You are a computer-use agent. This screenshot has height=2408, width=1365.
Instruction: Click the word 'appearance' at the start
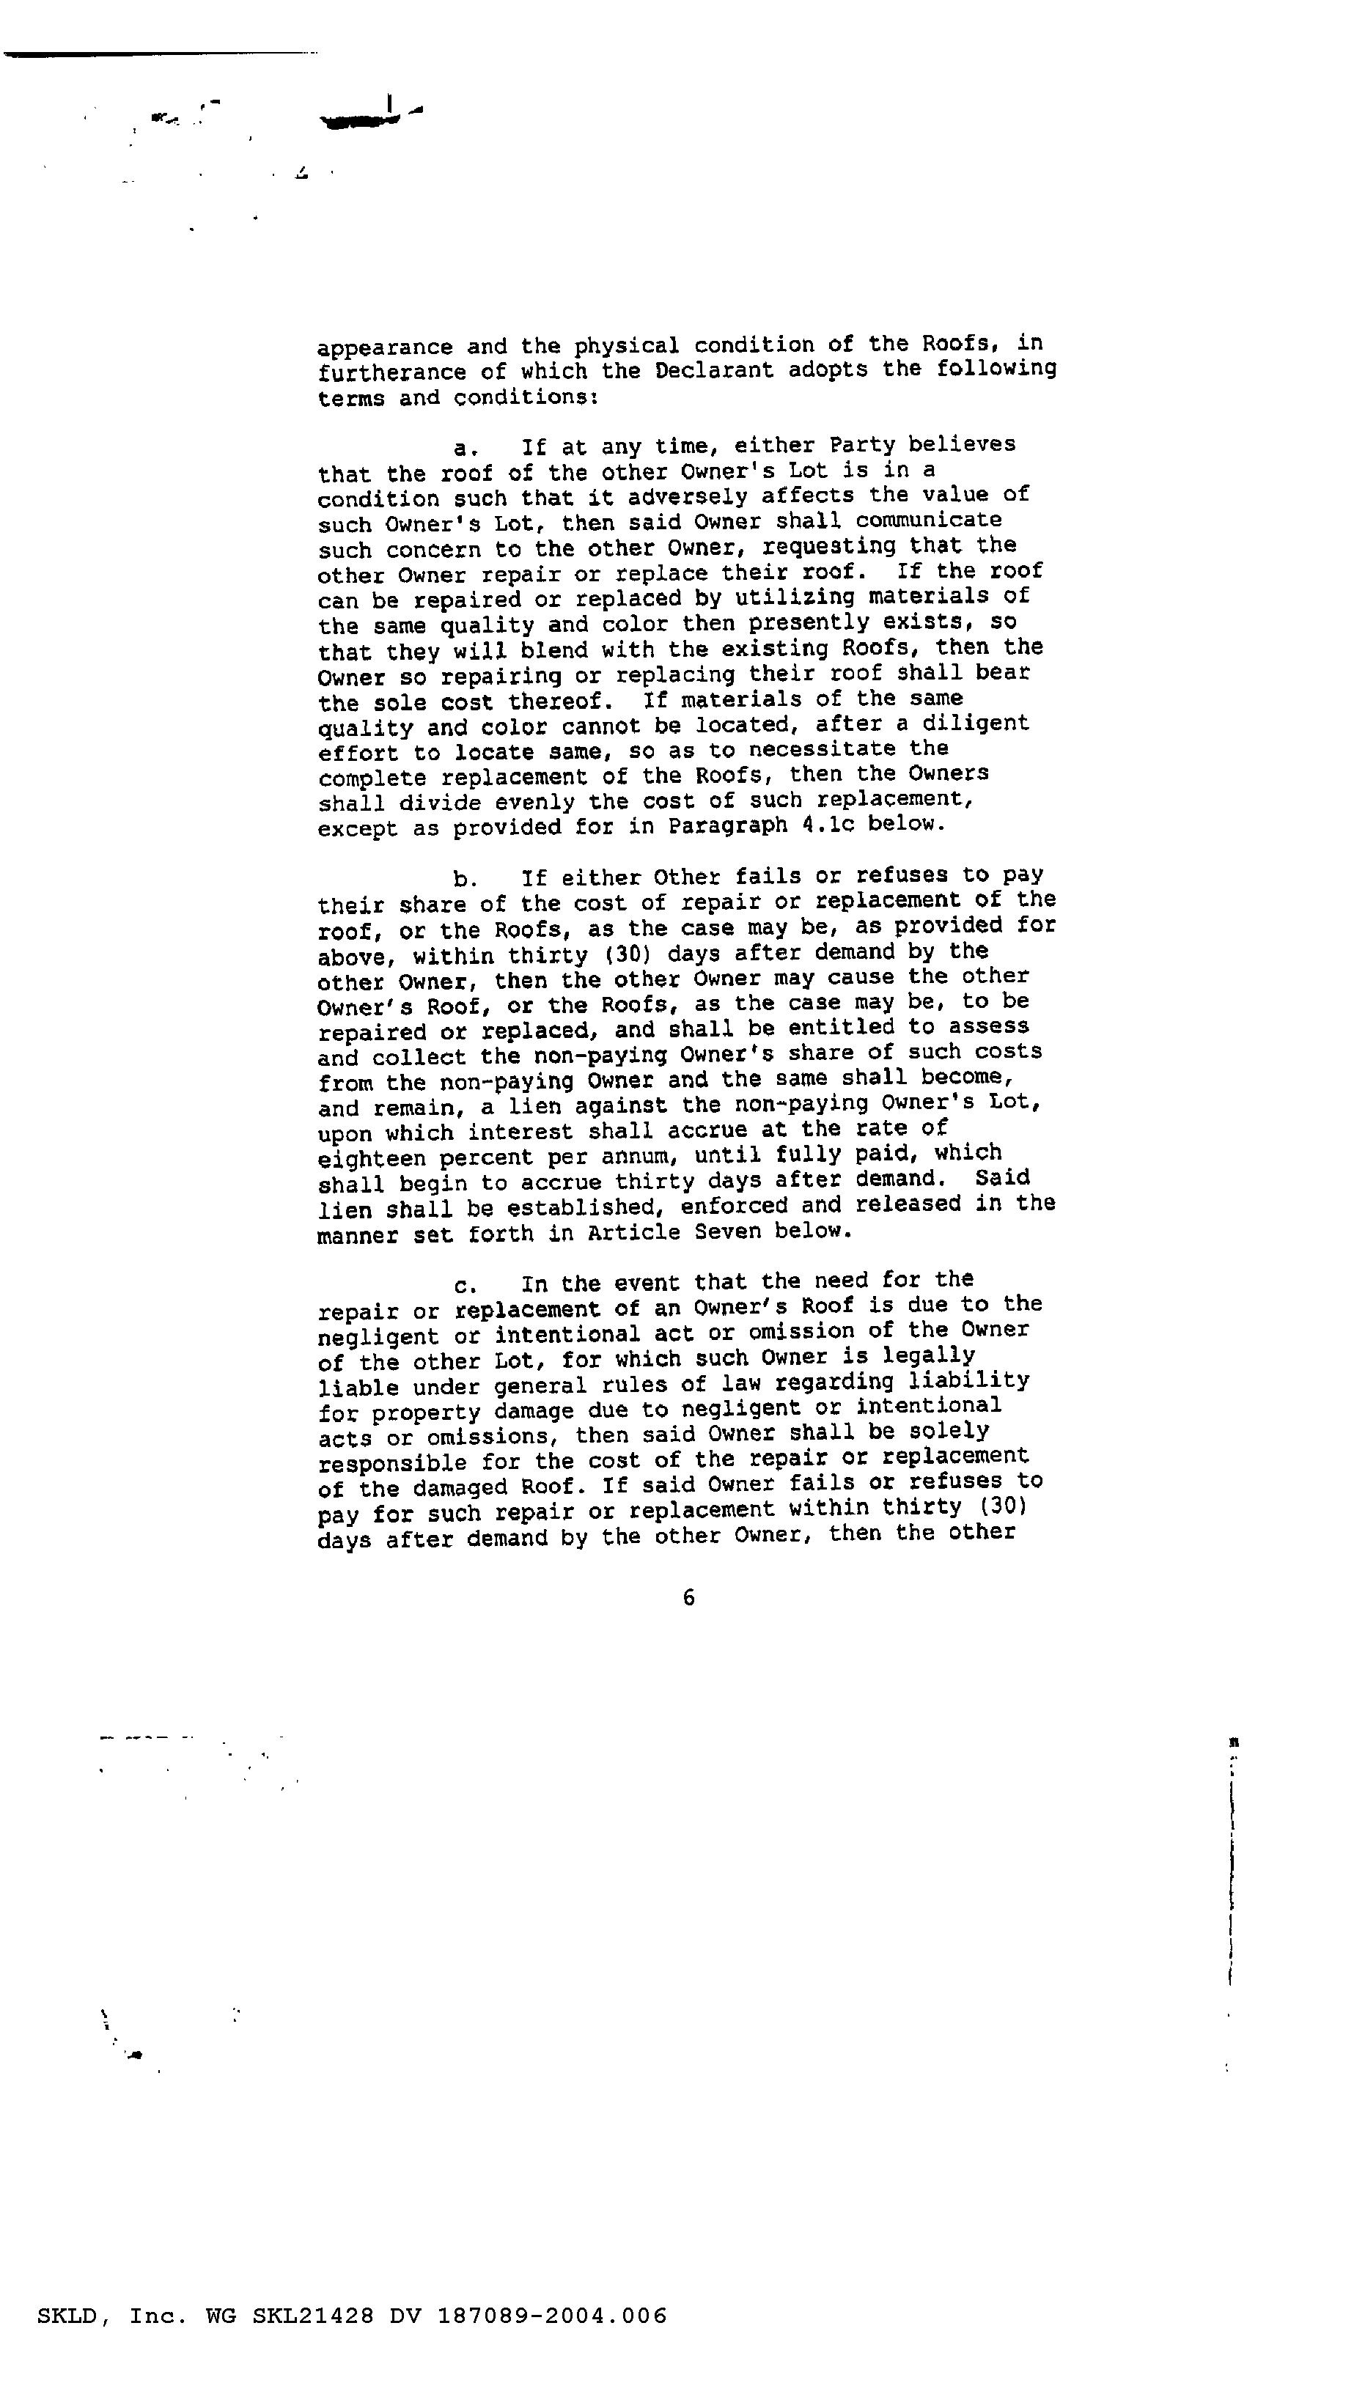click(384, 347)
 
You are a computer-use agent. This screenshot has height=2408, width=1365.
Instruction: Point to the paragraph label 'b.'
click(465, 879)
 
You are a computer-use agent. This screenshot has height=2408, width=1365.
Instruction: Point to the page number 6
click(689, 1598)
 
